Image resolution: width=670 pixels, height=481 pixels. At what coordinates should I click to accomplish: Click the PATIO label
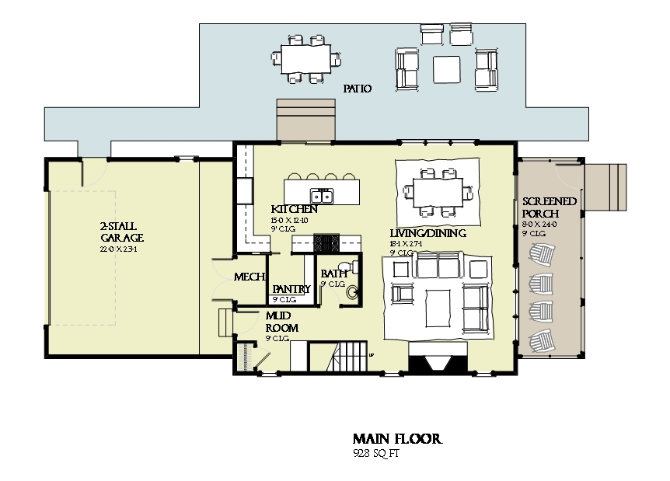[x=358, y=89]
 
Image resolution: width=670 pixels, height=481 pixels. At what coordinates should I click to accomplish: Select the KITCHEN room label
[x=294, y=210]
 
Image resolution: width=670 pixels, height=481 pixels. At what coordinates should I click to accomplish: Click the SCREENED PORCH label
[x=550, y=207]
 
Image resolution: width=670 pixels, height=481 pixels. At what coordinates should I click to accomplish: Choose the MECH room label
[x=250, y=277]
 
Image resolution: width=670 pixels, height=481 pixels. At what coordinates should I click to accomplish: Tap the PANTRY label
[x=291, y=289]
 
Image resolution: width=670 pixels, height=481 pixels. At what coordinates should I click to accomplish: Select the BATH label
[x=333, y=274]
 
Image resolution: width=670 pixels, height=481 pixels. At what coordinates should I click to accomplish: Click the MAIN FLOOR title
[x=397, y=440]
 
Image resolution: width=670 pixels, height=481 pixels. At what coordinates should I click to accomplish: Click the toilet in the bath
[x=353, y=267]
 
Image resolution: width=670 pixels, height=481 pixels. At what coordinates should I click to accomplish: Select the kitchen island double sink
[x=321, y=195]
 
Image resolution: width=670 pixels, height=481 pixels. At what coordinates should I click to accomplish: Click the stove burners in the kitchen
[x=325, y=243]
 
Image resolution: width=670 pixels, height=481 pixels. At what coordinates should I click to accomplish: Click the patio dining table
[x=305, y=58]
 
